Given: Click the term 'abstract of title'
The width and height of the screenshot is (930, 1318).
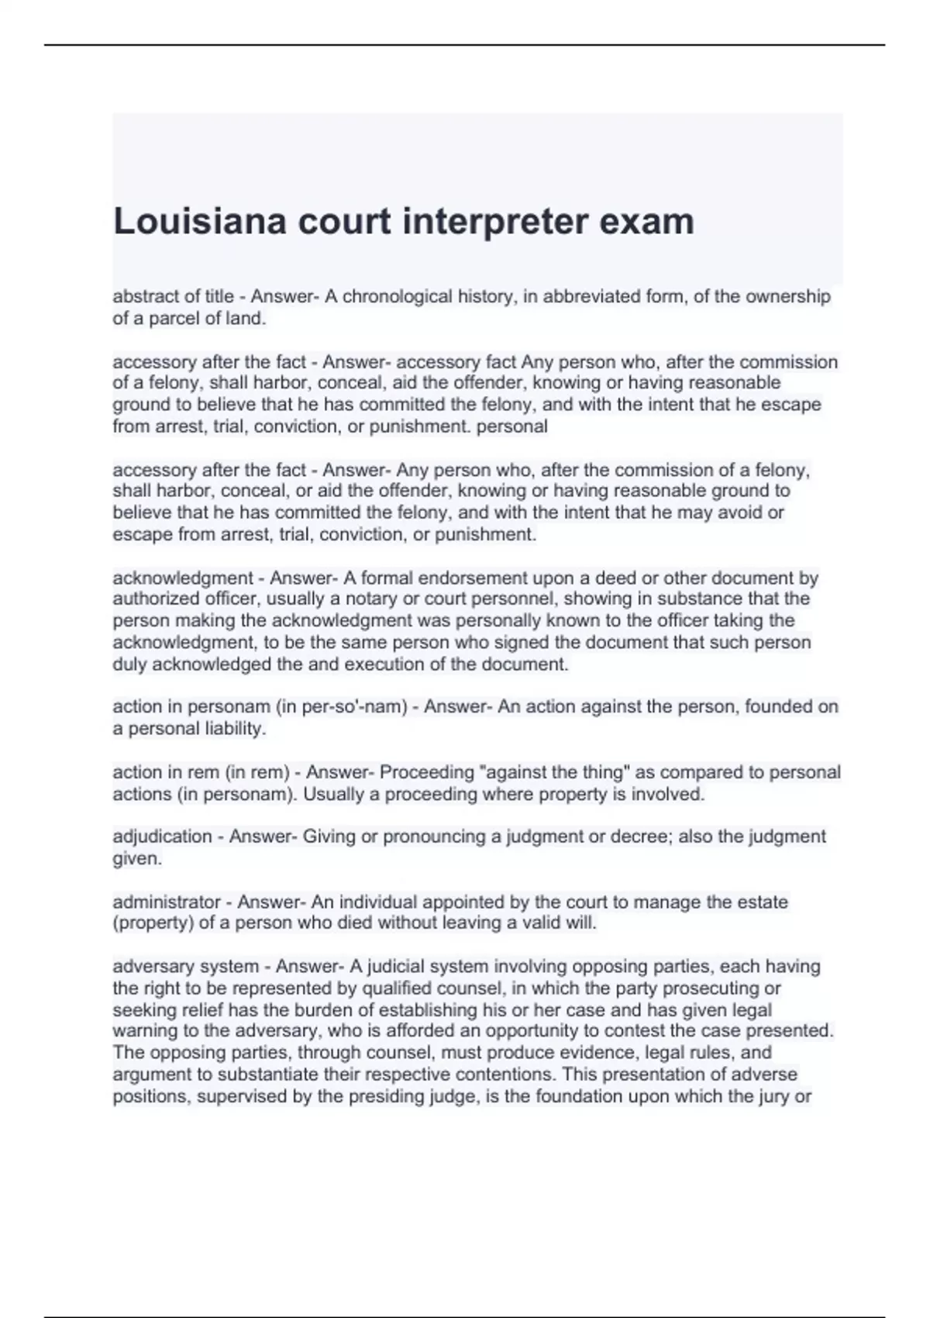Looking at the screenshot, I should pyautogui.click(x=173, y=296).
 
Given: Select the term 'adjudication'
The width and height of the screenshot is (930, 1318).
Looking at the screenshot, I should pyautogui.click(x=162, y=837).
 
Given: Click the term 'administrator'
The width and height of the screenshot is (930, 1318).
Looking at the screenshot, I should pyautogui.click(x=167, y=902).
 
